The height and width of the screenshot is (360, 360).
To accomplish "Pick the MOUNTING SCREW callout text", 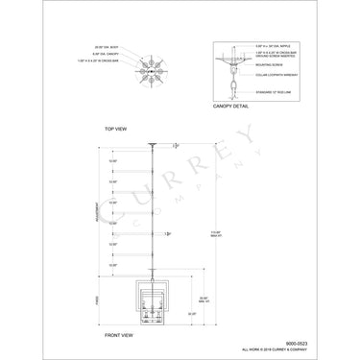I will pos(264,67).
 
